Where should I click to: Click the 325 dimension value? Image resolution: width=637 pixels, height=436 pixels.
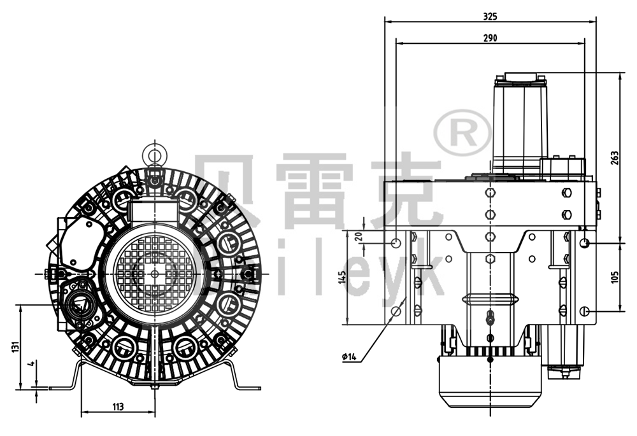[x=490, y=15]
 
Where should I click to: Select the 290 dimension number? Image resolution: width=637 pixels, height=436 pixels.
[x=490, y=38]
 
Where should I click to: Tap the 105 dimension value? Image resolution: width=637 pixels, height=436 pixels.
[x=613, y=277]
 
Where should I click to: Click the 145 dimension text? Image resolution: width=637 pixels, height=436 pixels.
[x=342, y=278]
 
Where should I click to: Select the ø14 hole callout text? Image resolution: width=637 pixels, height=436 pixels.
[x=349, y=356]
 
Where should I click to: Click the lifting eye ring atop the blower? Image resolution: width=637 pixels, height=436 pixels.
[x=153, y=154]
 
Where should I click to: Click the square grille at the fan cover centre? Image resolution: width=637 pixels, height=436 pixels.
[x=153, y=272]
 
